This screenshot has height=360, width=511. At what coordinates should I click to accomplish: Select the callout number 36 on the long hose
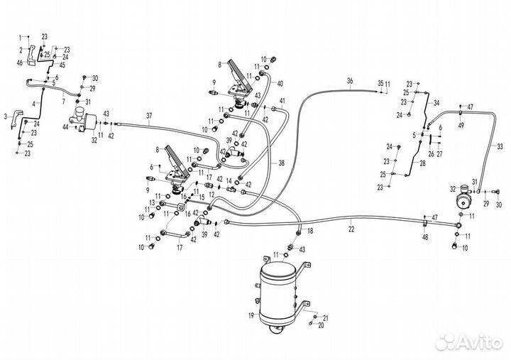pos(349,81)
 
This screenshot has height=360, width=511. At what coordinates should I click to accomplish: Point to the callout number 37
pos(149,116)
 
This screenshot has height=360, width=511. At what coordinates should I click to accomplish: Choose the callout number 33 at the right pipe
pos(500,148)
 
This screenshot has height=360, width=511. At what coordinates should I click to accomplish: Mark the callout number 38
pos(281,163)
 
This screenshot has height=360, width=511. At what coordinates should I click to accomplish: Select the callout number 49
pos(461,125)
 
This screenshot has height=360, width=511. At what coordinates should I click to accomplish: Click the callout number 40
pos(280,84)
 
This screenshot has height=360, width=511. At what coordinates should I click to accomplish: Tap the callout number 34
pos(436,102)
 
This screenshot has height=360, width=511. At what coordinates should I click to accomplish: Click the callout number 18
pos(310,231)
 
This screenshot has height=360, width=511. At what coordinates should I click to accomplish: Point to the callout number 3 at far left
pos(6,115)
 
